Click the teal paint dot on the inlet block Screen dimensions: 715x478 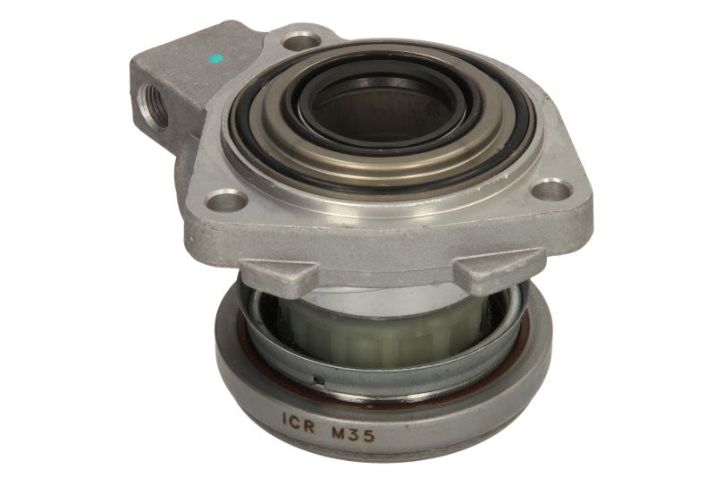215,59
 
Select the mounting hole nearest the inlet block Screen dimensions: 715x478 300,42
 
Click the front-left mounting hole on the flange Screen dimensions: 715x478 225,200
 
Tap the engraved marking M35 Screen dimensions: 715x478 353,433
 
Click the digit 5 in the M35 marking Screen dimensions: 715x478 369,435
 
